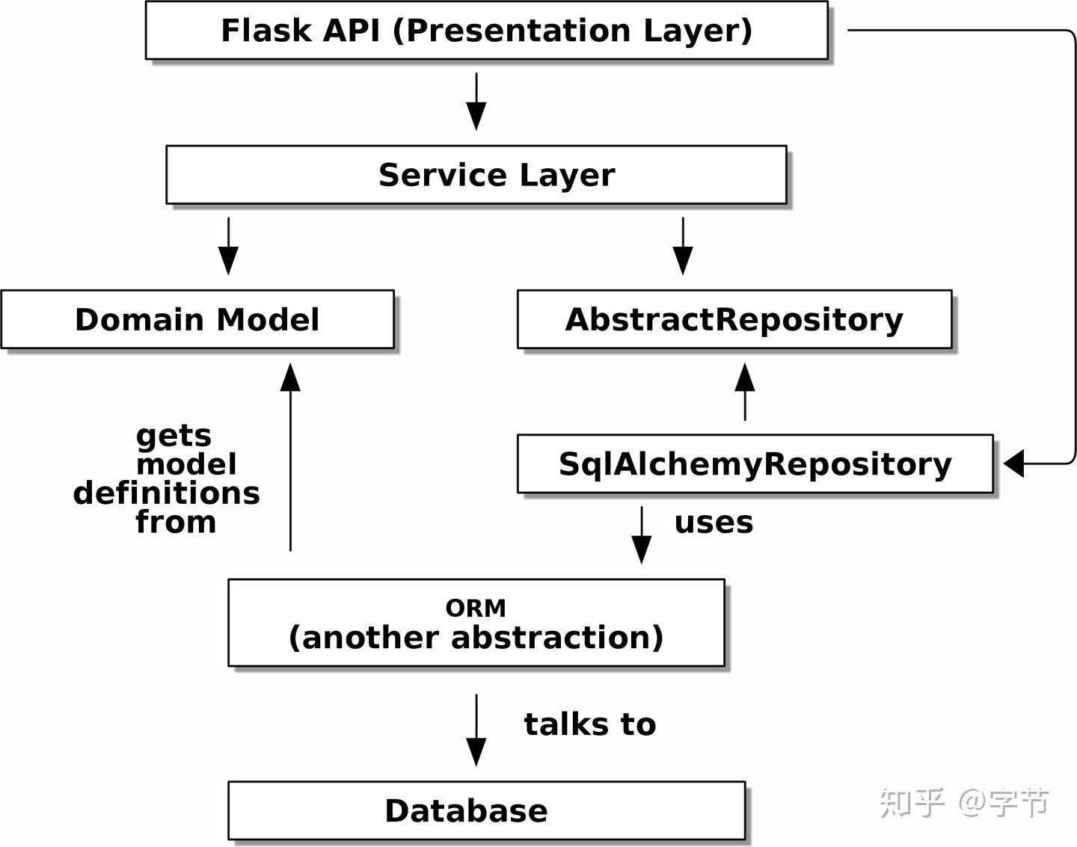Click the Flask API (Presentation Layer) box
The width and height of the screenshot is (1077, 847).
click(486, 31)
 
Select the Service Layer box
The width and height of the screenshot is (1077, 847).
click(476, 175)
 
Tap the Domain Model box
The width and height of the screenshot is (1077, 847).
click(197, 319)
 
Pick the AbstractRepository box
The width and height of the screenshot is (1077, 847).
click(734, 319)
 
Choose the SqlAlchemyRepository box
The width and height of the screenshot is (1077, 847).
click(755, 463)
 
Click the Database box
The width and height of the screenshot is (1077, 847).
click(486, 810)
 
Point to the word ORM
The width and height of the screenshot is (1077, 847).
click(476, 608)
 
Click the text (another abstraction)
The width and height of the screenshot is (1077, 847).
click(476, 638)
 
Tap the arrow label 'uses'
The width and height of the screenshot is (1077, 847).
click(714, 523)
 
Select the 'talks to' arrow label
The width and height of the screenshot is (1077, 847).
click(589, 724)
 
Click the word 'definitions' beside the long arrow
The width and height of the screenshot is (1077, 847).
click(167, 493)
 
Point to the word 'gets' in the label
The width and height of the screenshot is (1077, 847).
click(174, 435)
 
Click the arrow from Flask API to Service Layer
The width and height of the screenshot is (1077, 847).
click(476, 101)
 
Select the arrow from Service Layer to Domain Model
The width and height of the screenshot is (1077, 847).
click(228, 246)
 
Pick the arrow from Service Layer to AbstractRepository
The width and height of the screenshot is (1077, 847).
click(683, 246)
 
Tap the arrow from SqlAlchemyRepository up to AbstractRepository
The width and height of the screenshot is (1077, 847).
click(745, 392)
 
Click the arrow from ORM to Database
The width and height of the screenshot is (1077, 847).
click(476, 730)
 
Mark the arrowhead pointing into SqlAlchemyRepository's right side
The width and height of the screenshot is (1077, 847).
click(1014, 463)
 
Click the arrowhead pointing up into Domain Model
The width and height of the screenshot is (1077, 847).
click(290, 378)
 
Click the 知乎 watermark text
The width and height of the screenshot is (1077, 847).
click(912, 803)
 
